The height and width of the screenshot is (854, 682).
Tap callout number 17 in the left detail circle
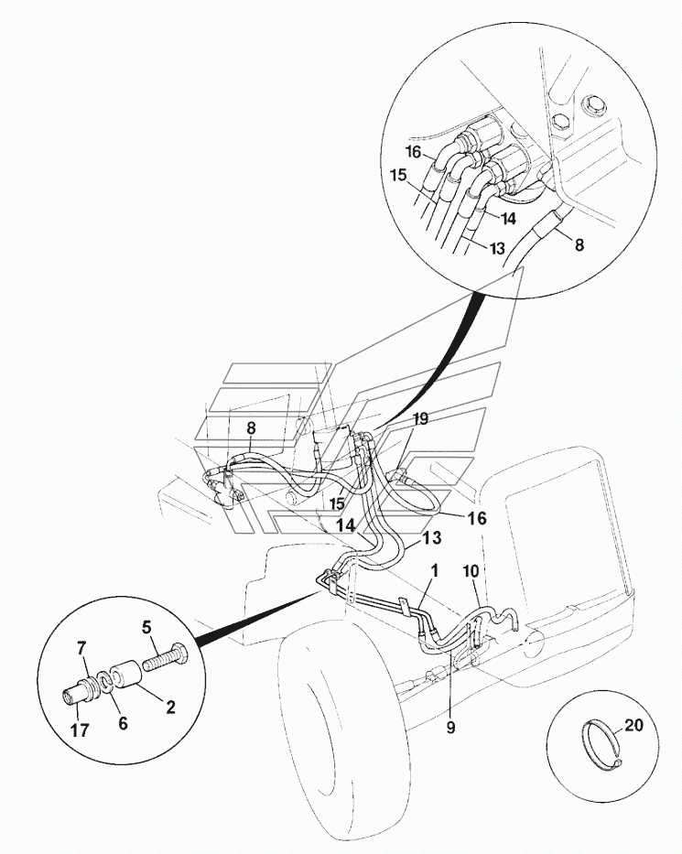pyautogui.click(x=80, y=730)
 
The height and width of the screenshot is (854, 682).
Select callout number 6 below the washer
pyautogui.click(x=123, y=723)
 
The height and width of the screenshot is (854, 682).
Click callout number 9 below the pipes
pyautogui.click(x=450, y=728)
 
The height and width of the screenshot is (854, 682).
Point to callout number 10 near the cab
pyautogui.click(x=471, y=571)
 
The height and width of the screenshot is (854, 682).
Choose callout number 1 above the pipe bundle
pyautogui.click(x=434, y=571)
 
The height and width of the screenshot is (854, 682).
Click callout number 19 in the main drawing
pyautogui.click(x=419, y=419)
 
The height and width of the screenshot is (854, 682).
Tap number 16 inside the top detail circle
pyautogui.click(x=414, y=151)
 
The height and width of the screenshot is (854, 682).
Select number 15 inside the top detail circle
pyautogui.click(x=397, y=176)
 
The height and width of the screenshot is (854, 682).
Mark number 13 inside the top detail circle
pyautogui.click(x=496, y=248)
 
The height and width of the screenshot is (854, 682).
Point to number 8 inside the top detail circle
pyautogui.click(x=579, y=244)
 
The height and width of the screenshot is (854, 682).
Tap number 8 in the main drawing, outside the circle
pyautogui.click(x=251, y=428)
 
